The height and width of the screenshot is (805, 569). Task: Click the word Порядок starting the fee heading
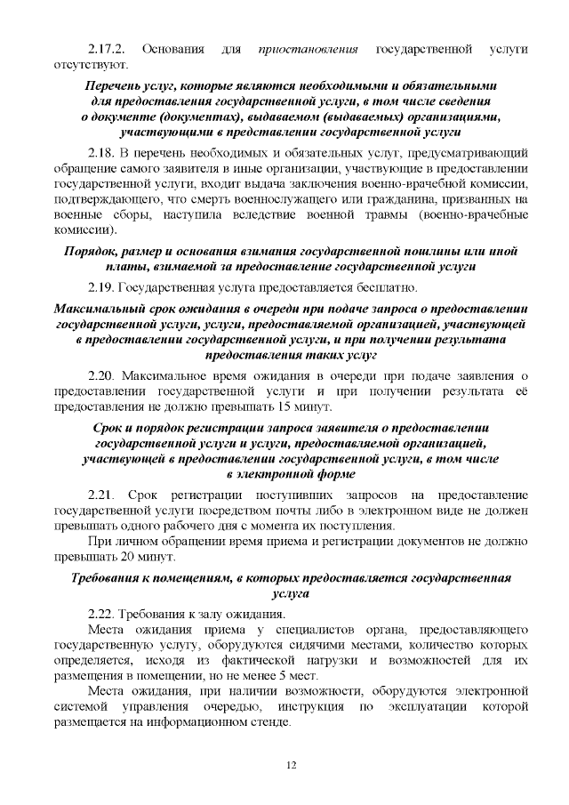tap(94, 251)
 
